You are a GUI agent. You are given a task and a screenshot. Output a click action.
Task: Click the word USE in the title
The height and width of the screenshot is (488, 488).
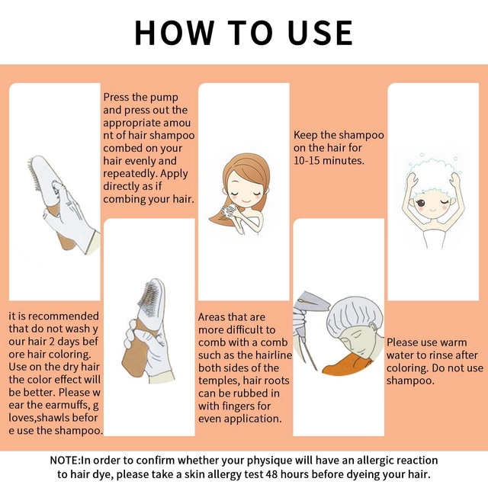[320, 33]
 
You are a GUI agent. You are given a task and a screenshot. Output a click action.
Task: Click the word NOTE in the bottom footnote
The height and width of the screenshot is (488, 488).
[65, 460]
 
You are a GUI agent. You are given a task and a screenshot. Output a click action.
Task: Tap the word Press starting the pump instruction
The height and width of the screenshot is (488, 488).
[116, 97]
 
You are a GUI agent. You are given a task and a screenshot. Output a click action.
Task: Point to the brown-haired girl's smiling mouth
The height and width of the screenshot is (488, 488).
[246, 201]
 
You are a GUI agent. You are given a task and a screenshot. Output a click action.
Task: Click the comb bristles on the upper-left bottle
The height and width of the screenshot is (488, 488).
[34, 175]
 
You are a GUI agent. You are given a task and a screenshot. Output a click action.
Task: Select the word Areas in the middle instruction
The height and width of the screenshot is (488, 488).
[212, 317]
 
